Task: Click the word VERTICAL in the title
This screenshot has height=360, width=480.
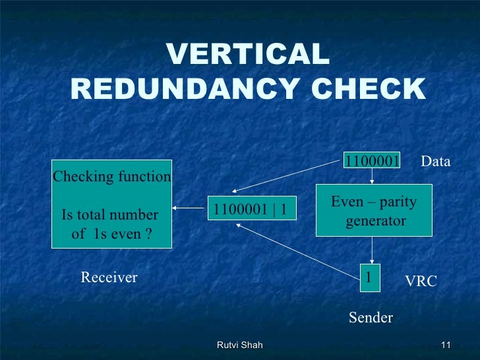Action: point(248,55)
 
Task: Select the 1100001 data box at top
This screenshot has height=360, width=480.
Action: point(372,161)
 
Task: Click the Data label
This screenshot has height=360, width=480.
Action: point(435,161)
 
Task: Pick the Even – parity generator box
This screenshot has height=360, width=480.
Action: point(374,210)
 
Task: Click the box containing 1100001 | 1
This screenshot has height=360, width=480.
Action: point(252,210)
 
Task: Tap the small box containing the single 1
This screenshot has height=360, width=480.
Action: point(369,278)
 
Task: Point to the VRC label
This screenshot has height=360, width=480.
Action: point(421,282)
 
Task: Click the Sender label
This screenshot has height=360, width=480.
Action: point(371,318)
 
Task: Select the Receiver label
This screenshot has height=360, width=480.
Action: point(109,278)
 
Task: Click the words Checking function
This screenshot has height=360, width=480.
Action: point(111,177)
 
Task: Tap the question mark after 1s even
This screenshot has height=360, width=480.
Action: point(149,234)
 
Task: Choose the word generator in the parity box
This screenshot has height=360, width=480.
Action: point(375,221)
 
